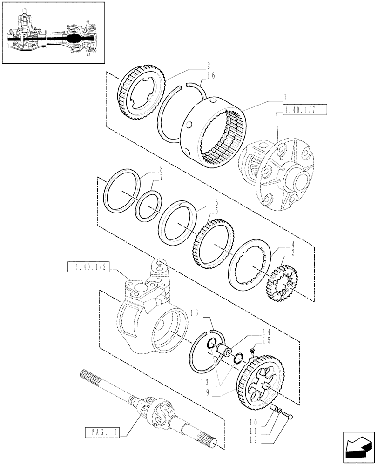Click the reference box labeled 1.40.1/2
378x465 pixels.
point(89,267)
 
